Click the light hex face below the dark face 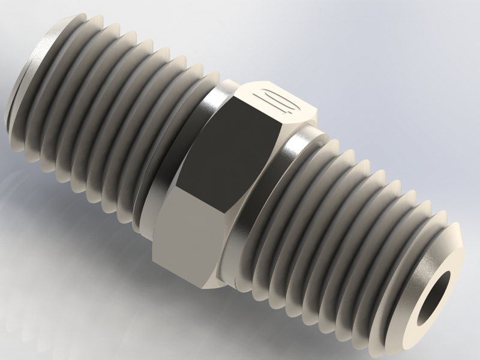tap(192, 240)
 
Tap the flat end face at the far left tap(18, 84)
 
